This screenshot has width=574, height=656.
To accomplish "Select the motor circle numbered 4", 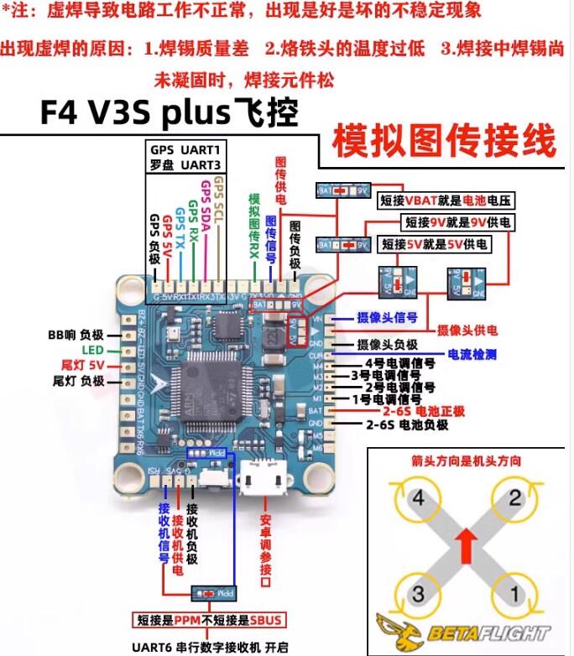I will click(417, 501).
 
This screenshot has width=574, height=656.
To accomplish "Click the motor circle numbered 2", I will click(514, 501).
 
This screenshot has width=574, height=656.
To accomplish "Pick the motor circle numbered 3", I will click(417, 594).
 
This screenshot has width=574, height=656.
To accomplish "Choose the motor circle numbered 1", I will click(514, 594).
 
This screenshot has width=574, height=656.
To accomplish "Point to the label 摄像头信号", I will click(386, 318).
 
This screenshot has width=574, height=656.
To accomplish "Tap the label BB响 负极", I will click(76, 334).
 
